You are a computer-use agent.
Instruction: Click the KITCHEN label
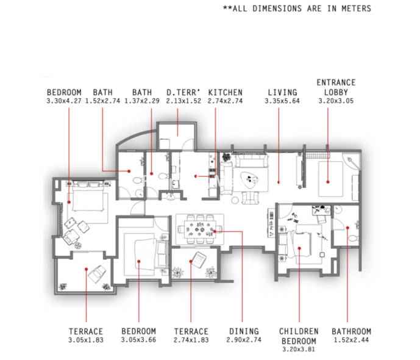point(226,93)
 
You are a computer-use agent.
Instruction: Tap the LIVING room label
point(282,93)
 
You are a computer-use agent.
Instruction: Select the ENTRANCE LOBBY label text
point(336,87)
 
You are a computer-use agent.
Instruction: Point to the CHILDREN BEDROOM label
point(299,336)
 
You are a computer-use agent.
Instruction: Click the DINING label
point(244,331)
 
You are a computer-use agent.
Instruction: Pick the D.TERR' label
point(183,93)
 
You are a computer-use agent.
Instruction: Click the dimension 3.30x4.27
point(64,101)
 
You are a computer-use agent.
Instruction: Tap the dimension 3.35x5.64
point(282,101)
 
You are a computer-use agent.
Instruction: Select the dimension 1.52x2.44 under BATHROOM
point(351,340)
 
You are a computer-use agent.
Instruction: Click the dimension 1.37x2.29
point(142,101)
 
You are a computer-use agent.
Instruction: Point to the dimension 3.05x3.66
point(138,340)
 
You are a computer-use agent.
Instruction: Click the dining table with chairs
point(200,229)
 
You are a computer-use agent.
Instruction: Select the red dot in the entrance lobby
point(328,182)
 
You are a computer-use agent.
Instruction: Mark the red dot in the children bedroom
point(299,248)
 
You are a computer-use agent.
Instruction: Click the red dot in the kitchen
point(196,176)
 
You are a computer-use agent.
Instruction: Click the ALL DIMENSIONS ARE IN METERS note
point(297,9)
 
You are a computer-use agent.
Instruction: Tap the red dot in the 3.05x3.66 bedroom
point(139,261)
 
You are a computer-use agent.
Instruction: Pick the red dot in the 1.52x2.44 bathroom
point(347,228)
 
